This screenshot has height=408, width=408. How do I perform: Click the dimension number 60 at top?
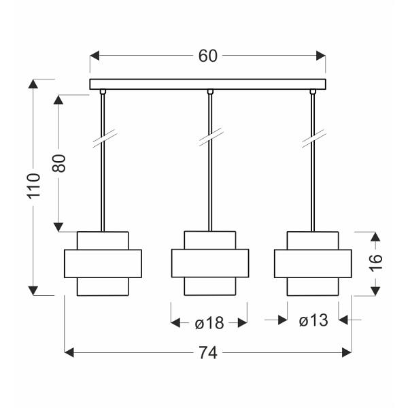tap(207, 56)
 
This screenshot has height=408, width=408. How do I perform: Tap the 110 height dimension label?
tap(34, 186)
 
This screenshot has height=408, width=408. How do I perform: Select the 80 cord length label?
tap(58, 163)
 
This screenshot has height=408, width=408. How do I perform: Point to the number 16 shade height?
tap(376, 263)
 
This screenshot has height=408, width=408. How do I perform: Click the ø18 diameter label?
tap(209, 322)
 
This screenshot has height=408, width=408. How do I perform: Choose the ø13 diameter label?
tap(313, 320)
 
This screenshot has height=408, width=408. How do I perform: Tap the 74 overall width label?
tap(208, 353)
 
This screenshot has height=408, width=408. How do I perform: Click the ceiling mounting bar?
tap(207, 84)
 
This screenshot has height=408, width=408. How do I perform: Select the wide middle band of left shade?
tap(103, 264)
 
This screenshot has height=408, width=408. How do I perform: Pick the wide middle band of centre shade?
tap(210, 263)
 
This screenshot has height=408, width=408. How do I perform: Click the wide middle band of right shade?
tap(313, 264)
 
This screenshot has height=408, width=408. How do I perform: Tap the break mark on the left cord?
tap(105, 139)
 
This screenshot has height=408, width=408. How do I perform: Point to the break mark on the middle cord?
tap(211, 137)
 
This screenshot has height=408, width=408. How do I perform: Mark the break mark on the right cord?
tap(314, 139)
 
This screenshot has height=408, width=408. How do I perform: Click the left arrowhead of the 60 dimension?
tap(95, 56)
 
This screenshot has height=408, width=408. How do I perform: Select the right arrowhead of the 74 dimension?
tap(347, 353)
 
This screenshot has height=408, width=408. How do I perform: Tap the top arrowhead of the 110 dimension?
tap(33, 84)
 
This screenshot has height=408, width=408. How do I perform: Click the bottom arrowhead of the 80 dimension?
tap(58, 227)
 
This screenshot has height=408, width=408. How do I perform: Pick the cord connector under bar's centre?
tap(210, 92)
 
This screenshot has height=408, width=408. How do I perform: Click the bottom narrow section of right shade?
tap(313, 286)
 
